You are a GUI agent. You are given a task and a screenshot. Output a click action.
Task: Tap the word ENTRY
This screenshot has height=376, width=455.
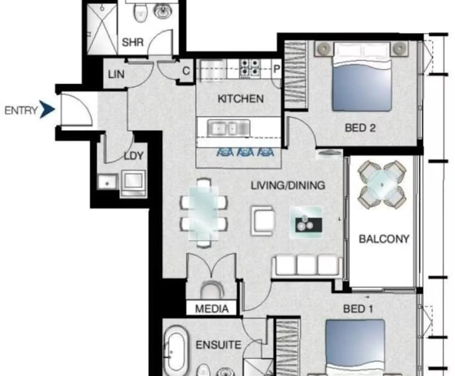click(x=21, y=110)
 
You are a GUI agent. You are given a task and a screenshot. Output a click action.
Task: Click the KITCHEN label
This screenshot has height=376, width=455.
click(x=240, y=99)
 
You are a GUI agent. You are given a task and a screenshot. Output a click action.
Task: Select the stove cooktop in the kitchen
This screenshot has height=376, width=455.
click(x=251, y=68)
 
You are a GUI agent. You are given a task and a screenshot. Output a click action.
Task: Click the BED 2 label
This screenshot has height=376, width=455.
click(x=360, y=128)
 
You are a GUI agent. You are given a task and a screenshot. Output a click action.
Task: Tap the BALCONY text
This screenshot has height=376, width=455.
click(x=384, y=239)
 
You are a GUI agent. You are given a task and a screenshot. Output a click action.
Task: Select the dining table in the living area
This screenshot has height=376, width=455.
click(x=203, y=212)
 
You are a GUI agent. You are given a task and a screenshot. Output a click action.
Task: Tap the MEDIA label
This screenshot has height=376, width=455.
click(x=212, y=309)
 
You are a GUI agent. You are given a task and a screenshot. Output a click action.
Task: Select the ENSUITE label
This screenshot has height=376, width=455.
click(x=218, y=345)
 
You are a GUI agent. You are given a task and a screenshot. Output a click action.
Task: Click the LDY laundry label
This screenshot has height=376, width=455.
click(x=133, y=156)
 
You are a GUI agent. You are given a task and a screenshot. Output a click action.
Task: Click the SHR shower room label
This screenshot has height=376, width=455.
click(x=132, y=42)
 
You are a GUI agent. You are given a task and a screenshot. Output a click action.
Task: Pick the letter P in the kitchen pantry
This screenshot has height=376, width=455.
click(x=276, y=69)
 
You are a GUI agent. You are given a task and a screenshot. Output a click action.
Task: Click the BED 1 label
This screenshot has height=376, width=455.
click(x=358, y=309)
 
